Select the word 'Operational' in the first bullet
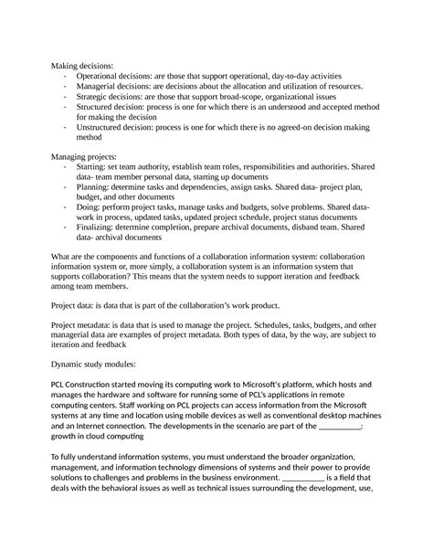101,77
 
